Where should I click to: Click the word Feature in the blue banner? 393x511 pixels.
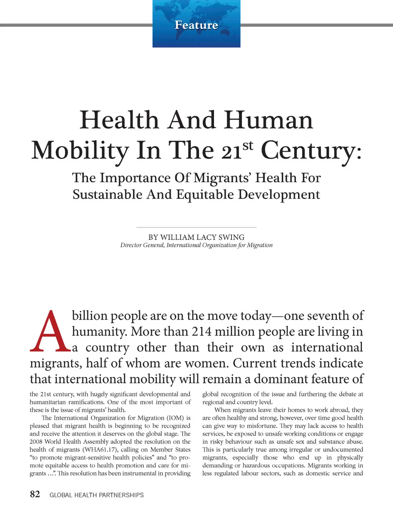click(196, 25)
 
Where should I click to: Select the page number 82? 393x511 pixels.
click(35, 494)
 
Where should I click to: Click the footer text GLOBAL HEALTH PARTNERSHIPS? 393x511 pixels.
click(97, 495)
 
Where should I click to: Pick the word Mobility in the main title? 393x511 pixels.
click(80, 150)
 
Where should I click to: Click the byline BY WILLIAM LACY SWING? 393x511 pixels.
click(196, 237)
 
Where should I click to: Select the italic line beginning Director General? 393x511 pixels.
click(196, 245)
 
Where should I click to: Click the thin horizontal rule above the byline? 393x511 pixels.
click(196, 227)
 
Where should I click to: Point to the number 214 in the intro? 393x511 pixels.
click(201, 331)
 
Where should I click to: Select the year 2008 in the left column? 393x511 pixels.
click(36, 442)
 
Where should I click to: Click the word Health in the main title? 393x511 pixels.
click(119, 120)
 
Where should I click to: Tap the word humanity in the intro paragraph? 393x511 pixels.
click(99, 331)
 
